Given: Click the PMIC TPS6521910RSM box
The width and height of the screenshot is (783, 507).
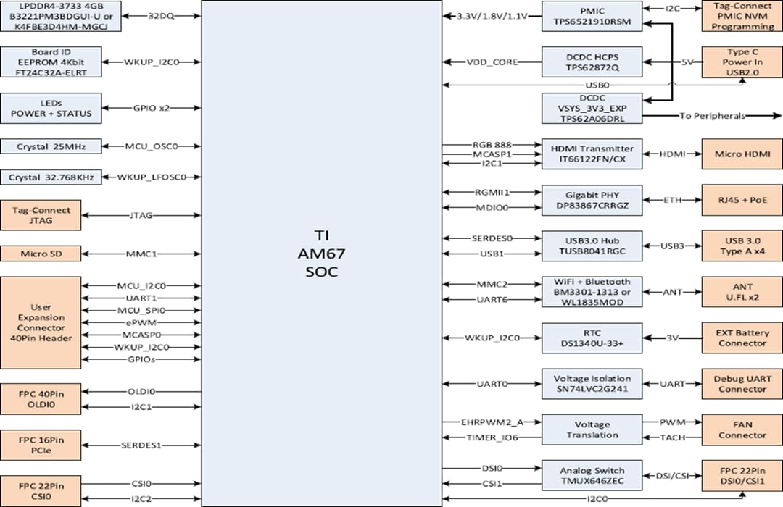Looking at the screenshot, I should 592,16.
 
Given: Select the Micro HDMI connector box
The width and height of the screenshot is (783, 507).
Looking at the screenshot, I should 742,154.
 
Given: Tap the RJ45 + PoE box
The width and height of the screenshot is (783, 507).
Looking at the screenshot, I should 742,201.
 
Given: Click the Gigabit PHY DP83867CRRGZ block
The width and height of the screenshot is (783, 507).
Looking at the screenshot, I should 592,201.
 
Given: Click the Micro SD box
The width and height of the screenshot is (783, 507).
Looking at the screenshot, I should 41,254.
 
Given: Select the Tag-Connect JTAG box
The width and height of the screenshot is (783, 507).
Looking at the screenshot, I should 41,215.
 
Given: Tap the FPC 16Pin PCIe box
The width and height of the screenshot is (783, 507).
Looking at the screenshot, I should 41,445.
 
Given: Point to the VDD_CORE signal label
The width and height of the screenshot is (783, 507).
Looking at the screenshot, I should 493,62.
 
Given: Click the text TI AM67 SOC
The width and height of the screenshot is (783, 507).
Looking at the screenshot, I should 320,254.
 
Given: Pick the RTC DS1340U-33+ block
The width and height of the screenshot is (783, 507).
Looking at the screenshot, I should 592,338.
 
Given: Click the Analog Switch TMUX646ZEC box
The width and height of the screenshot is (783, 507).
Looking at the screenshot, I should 592,475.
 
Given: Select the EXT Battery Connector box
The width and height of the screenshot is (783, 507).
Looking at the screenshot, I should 742,338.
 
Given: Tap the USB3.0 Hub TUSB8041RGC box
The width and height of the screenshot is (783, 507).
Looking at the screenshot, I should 592,246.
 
